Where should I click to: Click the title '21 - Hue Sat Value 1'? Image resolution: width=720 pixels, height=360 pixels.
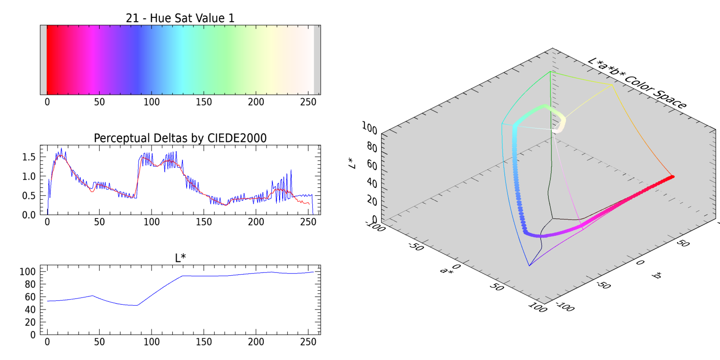180,18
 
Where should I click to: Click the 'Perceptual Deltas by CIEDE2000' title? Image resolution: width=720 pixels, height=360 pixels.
180,138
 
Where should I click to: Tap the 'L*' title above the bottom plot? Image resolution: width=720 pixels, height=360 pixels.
180,258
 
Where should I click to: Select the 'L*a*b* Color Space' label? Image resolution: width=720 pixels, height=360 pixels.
636,83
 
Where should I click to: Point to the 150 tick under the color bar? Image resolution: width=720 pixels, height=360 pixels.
204,102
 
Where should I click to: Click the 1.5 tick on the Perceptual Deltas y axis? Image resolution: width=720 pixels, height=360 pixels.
29,157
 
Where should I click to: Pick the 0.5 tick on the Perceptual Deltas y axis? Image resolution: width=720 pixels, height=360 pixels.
29,195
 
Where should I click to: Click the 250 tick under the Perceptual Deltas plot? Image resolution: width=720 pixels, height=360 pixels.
308,222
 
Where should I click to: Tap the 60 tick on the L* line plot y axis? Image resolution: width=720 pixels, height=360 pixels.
30,296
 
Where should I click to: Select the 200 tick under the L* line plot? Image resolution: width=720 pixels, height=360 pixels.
256,342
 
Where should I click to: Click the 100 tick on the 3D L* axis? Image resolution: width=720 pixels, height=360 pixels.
369,128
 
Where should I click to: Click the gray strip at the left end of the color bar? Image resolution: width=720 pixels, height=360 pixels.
43,60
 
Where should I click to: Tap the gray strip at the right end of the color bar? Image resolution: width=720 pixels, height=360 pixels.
317,60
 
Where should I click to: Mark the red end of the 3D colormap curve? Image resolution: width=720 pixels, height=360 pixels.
672,177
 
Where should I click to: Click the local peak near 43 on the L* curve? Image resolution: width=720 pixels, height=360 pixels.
92,296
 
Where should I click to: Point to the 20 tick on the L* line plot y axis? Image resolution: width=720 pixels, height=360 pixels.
30,321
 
